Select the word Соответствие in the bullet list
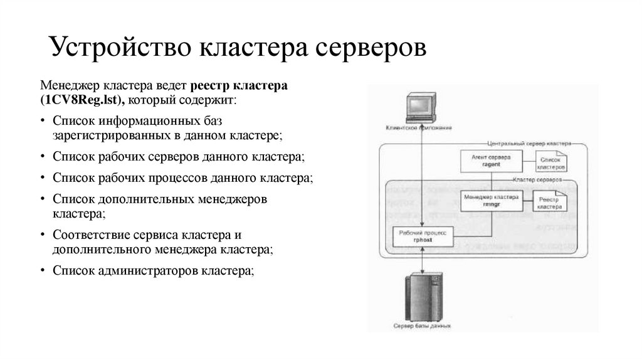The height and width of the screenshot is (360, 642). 92,235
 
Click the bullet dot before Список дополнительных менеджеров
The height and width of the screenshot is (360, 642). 42,200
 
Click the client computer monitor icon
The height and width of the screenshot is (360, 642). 418,107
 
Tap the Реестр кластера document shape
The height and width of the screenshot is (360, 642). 550,201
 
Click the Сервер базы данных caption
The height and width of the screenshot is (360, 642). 421,327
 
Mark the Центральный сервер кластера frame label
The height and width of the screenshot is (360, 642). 529,143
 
